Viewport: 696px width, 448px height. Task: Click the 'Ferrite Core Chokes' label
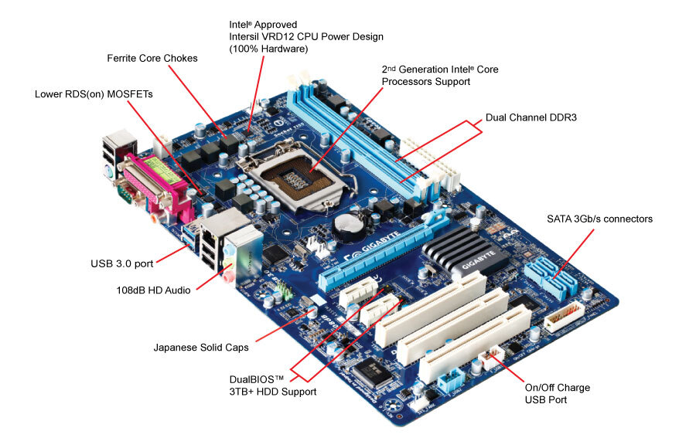[x=152, y=58]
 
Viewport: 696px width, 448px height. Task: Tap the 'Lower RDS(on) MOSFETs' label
[x=94, y=94]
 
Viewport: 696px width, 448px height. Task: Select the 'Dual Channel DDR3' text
[x=531, y=118]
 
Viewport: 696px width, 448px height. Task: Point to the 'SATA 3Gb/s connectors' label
[x=599, y=219]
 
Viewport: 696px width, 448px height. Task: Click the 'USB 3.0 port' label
[x=121, y=263]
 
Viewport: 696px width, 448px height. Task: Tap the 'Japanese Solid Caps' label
[x=201, y=348]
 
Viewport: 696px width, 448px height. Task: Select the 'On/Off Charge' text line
[x=557, y=387]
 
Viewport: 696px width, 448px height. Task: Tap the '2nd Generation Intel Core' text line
[x=439, y=70]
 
